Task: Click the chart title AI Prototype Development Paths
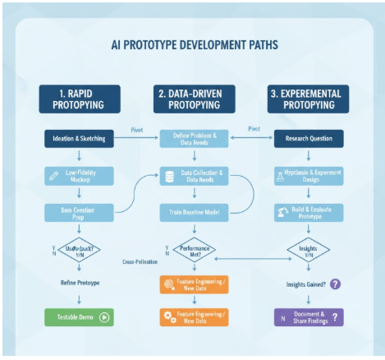(x=193, y=44)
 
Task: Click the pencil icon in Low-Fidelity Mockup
(x=53, y=175)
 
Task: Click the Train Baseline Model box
(x=193, y=212)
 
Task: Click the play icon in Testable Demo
(x=104, y=316)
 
